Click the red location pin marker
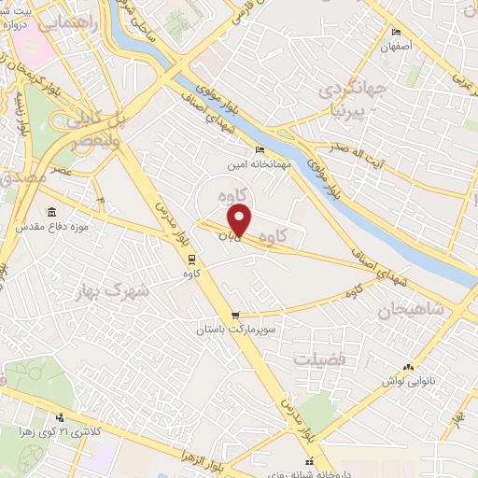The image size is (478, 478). (x=241, y=220)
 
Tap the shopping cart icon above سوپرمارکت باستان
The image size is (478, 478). (x=236, y=316)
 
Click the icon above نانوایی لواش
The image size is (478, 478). (x=407, y=367)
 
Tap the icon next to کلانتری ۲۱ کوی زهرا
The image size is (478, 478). (x=61, y=417)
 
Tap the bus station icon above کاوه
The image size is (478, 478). (x=192, y=259)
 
